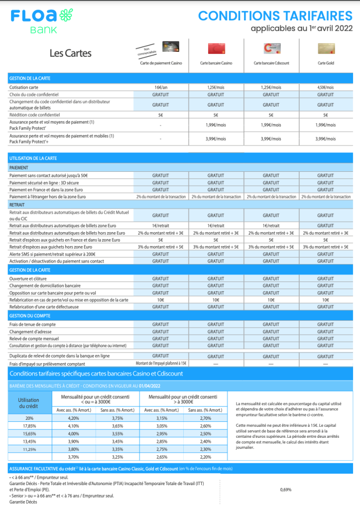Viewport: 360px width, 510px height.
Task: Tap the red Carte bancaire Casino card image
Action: pyautogui.click(x=216, y=48)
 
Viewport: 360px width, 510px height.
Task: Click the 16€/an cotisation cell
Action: pyautogui.click(x=160, y=87)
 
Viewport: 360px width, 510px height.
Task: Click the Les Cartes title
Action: pyautogui.click(x=71, y=53)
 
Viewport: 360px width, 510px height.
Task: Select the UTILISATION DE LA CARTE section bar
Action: pyautogui.click(x=180, y=158)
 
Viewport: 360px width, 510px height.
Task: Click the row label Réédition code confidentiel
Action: pyautogui.click(x=38, y=115)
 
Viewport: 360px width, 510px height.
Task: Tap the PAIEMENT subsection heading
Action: pyautogui.click(x=19, y=168)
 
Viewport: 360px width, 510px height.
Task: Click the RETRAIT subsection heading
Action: pyautogui.click(x=18, y=204)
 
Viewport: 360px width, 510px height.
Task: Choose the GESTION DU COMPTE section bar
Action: pyautogui.click(x=180, y=316)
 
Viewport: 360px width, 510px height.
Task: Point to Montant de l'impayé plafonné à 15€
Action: pyautogui.click(x=160, y=364)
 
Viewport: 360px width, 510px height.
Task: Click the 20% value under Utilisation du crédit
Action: pyautogui.click(x=30, y=418)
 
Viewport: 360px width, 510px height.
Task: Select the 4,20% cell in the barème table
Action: pyautogui.click(x=73, y=418)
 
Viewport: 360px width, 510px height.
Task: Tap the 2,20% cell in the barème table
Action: pyautogui.click(x=205, y=457)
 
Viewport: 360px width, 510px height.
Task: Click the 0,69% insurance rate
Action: pyautogui.click(x=286, y=490)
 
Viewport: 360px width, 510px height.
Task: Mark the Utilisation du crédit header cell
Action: pyautogui.click(x=28, y=403)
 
